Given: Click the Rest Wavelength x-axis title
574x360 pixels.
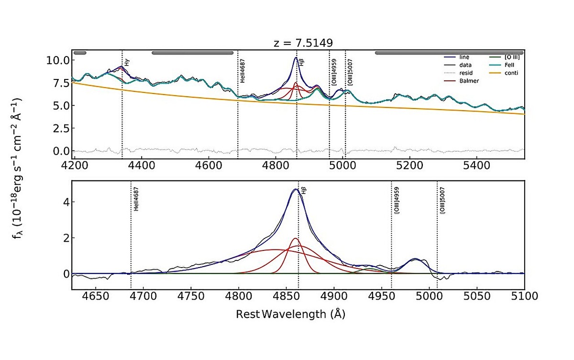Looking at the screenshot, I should point(290,315).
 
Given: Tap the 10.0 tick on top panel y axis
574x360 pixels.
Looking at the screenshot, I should point(58,60).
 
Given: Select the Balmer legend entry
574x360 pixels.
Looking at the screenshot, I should point(469,81).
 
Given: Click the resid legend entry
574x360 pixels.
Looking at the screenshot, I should point(467,73).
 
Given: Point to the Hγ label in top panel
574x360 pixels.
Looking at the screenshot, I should point(127,62).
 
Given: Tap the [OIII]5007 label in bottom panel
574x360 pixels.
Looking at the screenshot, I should point(442,201).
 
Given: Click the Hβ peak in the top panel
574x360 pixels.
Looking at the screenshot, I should point(296,58).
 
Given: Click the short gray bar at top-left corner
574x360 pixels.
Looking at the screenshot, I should point(80,53).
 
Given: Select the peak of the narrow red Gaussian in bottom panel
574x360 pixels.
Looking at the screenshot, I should point(295,238).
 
